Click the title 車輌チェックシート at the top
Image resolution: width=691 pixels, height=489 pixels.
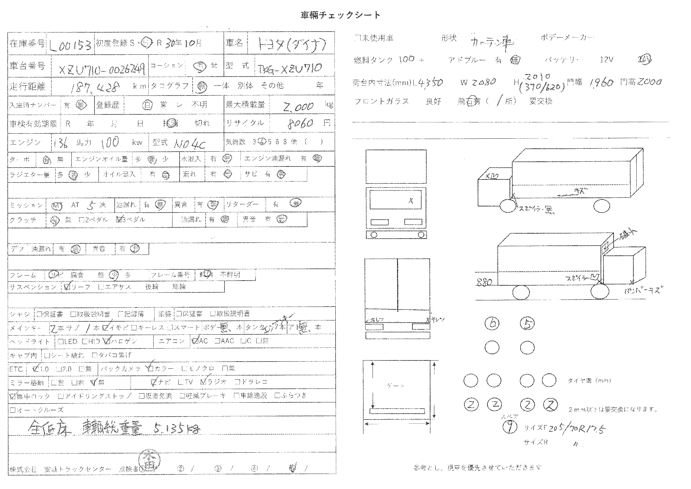click(x=341, y=15)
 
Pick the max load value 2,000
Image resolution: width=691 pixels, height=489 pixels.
click(x=298, y=106)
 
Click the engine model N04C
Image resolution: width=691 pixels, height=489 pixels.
click(x=190, y=144)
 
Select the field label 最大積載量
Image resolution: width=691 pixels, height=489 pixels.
click(x=245, y=105)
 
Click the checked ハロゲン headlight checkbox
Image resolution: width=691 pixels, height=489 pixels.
click(x=107, y=341)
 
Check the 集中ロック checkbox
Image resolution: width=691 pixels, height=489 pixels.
click(x=12, y=396)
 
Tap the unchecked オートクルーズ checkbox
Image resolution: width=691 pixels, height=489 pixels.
click(x=12, y=410)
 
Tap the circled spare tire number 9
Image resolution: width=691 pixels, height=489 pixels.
click(x=510, y=427)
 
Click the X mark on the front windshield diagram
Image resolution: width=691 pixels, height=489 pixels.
click(x=411, y=201)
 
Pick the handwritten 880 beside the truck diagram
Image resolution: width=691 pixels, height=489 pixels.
click(x=484, y=282)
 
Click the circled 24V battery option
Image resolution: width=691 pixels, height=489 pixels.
click(x=644, y=59)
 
